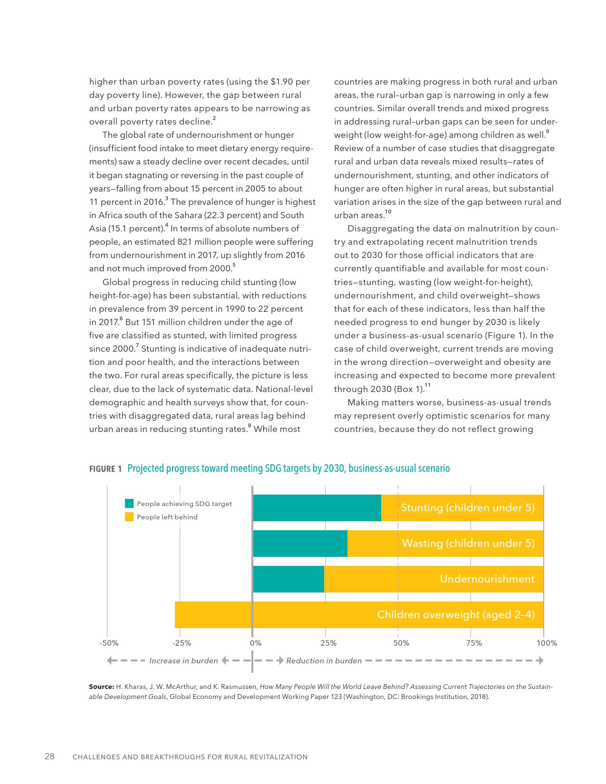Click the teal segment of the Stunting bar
coord(317,507)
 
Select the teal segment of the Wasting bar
coord(300,543)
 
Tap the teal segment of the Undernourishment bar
coord(289,579)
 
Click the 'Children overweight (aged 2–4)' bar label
coord(455,614)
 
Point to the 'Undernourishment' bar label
coord(487,579)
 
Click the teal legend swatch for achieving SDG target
coord(129,503)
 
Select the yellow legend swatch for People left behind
coord(129,517)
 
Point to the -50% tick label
coord(109,643)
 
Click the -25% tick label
coord(182,643)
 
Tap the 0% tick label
coord(256,643)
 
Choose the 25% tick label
coord(328,643)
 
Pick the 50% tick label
coord(401,643)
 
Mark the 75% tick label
coord(474,643)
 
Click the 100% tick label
coord(547,643)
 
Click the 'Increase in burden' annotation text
coord(183,660)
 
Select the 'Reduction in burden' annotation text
coord(324,660)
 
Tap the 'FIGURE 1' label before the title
coord(106,469)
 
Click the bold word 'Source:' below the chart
coord(101,687)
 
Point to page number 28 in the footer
coord(49,756)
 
